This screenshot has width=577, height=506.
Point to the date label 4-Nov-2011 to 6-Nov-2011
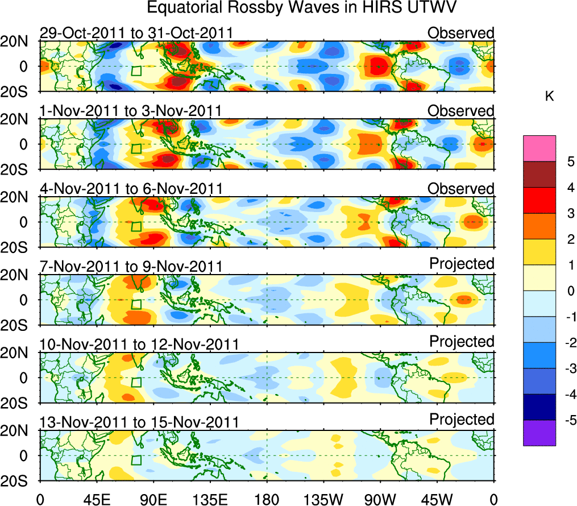point(131,188)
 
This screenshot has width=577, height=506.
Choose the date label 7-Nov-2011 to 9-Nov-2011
point(131,266)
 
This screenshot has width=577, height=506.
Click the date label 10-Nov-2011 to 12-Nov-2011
point(139,344)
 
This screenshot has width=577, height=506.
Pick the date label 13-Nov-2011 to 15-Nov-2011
point(139,422)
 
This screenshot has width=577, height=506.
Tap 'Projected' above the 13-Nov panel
point(462,420)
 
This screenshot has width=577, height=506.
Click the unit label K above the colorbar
point(550,97)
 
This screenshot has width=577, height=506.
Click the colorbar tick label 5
point(571,161)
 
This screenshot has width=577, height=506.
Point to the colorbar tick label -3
point(568,368)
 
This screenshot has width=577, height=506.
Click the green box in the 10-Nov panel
point(136,382)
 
